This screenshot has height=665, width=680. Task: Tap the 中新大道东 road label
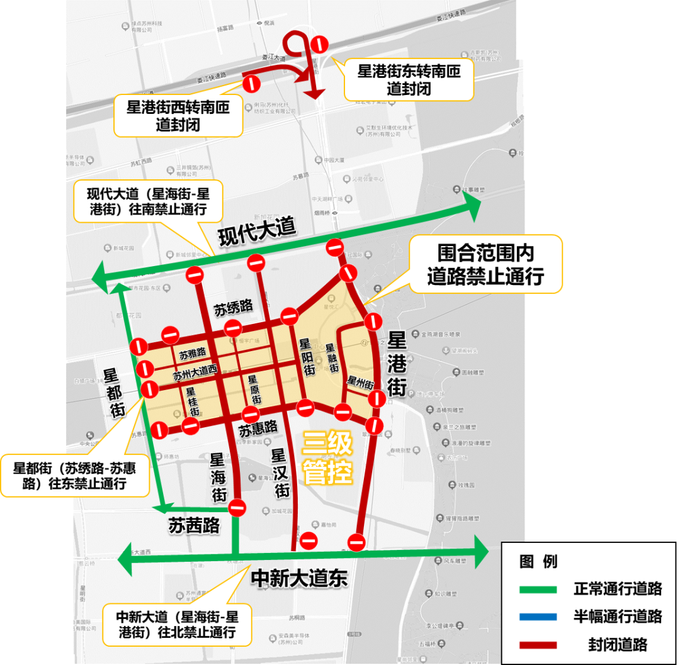[x=299, y=578]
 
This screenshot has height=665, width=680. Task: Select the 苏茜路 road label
[x=194, y=525]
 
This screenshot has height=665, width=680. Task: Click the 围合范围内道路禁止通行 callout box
[x=485, y=264]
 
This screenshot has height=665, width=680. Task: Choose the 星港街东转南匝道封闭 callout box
[x=409, y=79]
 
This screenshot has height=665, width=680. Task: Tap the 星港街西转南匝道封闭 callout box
[x=178, y=116]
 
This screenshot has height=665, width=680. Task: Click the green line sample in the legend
[x=538, y=590]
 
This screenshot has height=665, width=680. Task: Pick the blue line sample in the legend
[x=538, y=617]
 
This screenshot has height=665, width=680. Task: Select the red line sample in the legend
[x=538, y=644]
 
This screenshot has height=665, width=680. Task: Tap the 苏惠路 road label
[x=258, y=428]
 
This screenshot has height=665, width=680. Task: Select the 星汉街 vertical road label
[x=280, y=472]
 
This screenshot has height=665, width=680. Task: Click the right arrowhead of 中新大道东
[x=481, y=552]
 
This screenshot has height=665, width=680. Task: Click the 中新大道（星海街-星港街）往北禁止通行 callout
[x=177, y=623]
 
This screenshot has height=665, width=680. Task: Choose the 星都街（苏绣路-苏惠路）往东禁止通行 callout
[x=75, y=476]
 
